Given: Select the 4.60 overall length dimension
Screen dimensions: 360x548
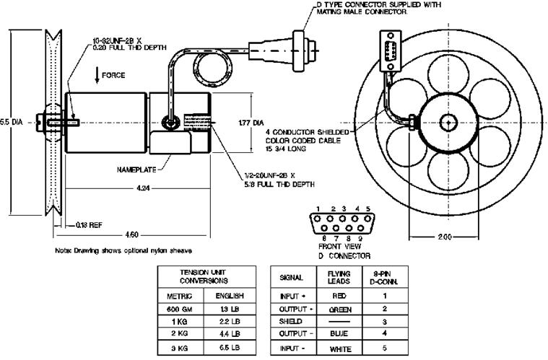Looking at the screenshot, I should (x=131, y=234).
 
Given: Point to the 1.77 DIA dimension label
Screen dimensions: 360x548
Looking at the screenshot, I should (x=246, y=123).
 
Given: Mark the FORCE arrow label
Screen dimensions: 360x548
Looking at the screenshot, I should (x=113, y=75).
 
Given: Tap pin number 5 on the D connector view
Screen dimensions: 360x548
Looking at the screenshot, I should (x=368, y=208).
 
